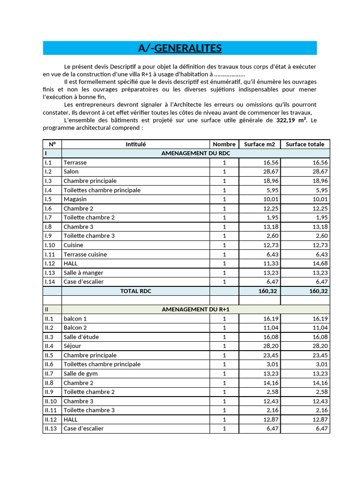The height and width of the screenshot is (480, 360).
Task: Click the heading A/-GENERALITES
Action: pyautogui.click(x=180, y=48)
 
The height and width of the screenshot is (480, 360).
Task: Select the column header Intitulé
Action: pyautogui.click(x=135, y=144)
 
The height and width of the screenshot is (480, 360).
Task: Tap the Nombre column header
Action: pyautogui.click(x=224, y=144)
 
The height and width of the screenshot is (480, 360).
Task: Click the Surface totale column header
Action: pyautogui.click(x=305, y=144)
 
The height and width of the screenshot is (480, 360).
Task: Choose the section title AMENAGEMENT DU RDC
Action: pyautogui.click(x=195, y=153)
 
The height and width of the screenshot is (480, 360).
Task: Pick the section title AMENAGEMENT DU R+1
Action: pyautogui.click(x=195, y=309)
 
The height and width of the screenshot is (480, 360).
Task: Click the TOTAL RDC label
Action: pyautogui.click(x=135, y=291)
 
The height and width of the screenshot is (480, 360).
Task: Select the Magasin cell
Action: pyautogui.click(x=75, y=199)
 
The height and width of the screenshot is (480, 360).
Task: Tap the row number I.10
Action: pyautogui.click(x=50, y=245)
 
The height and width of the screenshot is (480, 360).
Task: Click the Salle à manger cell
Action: pyautogui.click(x=83, y=273)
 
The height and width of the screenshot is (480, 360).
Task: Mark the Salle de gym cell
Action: pyautogui.click(x=80, y=374)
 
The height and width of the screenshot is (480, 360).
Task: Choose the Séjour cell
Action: pyautogui.click(x=73, y=346)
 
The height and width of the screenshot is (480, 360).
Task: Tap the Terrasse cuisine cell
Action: pyautogui.click(x=85, y=255)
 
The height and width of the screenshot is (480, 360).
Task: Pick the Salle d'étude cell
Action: pyautogui.click(x=81, y=337)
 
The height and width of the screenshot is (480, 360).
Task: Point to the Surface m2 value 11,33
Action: pyautogui.click(x=270, y=263)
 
